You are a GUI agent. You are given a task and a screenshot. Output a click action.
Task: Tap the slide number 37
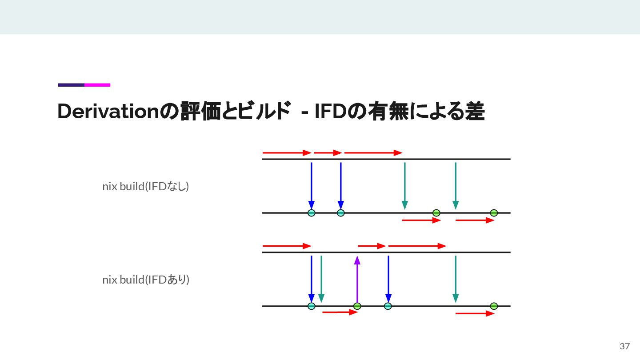[x=625, y=346]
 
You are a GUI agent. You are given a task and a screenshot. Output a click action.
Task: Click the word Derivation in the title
[x=108, y=112]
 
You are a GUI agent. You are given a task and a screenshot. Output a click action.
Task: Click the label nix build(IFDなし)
[x=146, y=187]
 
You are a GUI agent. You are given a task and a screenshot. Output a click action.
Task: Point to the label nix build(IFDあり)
[x=146, y=280]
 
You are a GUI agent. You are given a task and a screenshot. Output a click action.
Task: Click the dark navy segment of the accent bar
[x=71, y=85]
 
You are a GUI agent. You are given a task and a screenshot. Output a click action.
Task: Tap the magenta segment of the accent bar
[x=97, y=85]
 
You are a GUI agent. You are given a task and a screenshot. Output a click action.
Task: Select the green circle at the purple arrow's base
[x=357, y=306]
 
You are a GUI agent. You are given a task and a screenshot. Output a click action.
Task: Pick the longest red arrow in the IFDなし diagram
[x=373, y=153]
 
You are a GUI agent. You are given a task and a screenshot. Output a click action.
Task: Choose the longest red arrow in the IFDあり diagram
[x=417, y=246]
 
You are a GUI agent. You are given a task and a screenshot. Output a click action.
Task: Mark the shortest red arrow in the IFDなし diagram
[x=328, y=153]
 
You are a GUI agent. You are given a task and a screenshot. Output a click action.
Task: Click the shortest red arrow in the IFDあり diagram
[x=372, y=246]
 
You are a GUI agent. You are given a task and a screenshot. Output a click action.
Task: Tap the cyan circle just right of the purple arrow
[x=388, y=306]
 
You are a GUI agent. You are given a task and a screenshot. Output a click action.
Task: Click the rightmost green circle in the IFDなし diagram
[x=494, y=213]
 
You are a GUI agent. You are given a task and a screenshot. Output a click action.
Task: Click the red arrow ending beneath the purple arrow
[x=340, y=312]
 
